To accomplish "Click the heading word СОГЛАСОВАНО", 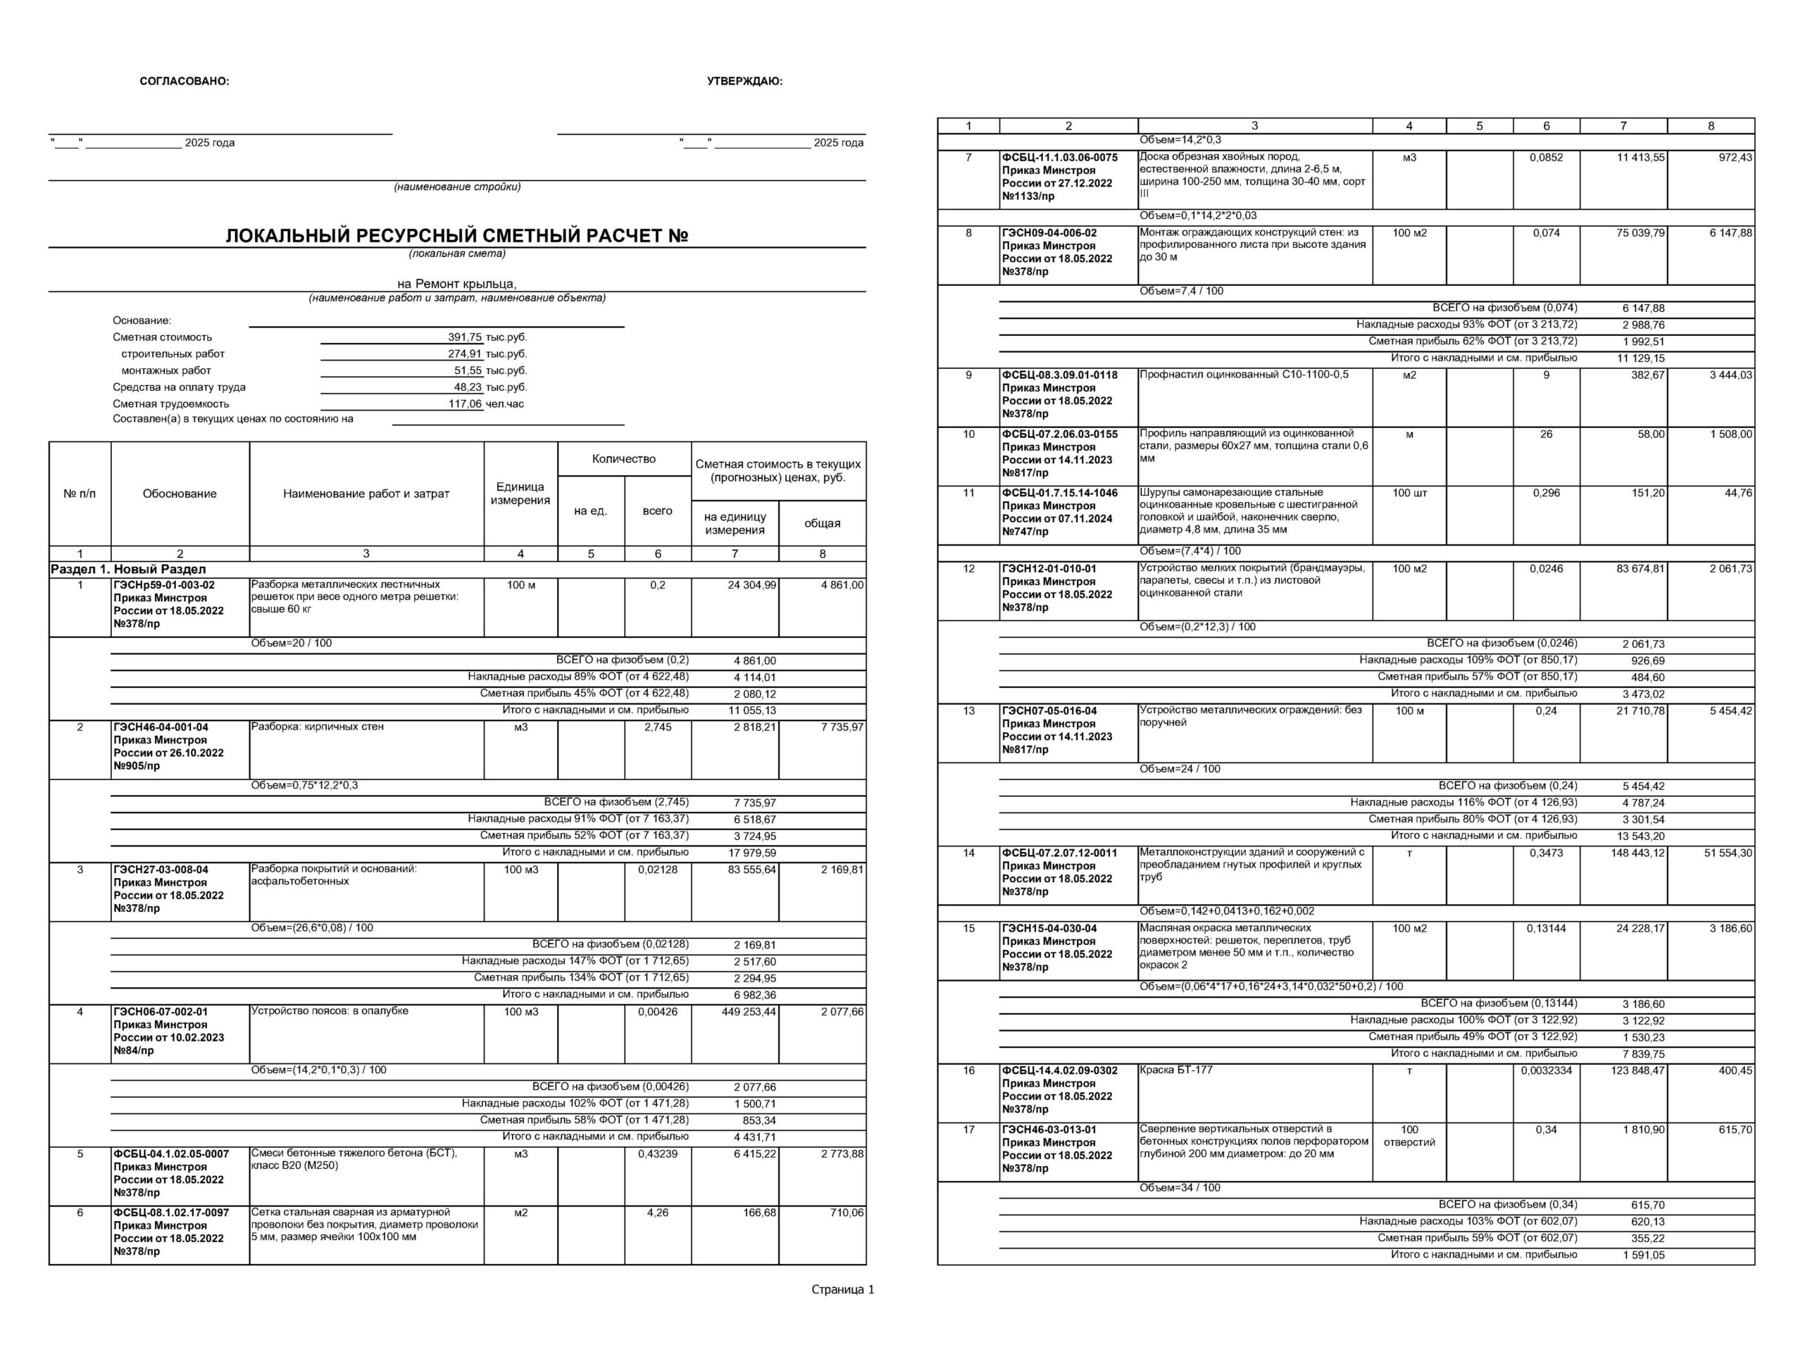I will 185,82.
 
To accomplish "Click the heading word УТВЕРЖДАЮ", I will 744,82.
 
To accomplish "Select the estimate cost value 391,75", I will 465,337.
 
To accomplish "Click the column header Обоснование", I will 180,494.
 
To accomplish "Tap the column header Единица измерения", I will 520,493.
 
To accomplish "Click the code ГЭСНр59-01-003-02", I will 164,585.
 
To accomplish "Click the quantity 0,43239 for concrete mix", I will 657,1154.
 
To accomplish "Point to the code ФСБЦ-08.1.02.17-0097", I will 171,1213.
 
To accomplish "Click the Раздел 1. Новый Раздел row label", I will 128,570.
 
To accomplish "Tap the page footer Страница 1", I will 842,1290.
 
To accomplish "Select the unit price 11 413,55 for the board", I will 1640,157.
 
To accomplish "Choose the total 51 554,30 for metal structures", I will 1727,853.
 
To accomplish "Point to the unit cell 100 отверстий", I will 1409,1135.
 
